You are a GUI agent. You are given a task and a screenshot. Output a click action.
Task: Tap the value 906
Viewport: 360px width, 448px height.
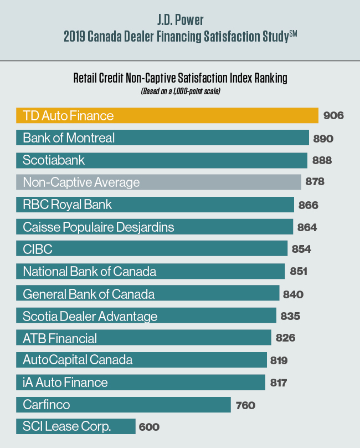(333, 116)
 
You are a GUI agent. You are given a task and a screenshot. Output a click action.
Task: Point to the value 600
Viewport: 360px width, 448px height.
(149, 427)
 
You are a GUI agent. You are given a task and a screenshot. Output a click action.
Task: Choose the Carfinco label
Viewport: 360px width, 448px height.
(47, 405)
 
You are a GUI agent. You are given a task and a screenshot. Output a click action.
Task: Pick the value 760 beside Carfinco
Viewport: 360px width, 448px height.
(245, 405)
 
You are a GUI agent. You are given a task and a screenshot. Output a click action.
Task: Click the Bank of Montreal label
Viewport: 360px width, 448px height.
(69, 138)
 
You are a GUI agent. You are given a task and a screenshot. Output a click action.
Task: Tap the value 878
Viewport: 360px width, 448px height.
(314, 182)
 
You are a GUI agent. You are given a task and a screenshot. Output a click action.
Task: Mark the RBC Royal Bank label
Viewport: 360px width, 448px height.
(67, 205)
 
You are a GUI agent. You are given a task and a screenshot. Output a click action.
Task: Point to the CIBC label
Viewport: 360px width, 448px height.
(38, 249)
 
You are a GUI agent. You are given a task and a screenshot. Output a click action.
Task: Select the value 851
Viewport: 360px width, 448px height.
(296, 272)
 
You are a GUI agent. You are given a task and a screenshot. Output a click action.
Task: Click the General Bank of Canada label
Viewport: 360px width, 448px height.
(89, 294)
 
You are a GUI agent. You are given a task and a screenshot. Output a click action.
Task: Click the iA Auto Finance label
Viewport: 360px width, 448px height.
(65, 383)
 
